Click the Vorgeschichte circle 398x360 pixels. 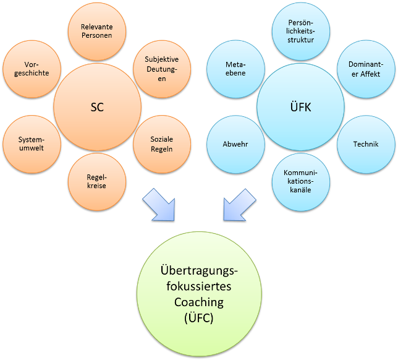32,69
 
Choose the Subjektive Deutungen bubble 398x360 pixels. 161,69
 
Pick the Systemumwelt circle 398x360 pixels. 32,144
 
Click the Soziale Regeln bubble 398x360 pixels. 161,144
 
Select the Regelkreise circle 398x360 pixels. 97,181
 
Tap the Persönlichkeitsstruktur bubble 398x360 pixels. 302,31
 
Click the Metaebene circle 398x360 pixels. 235,69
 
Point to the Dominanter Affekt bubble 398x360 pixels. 365,69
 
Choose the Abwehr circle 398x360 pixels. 235,144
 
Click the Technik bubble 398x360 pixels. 365,144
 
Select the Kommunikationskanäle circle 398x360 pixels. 302,181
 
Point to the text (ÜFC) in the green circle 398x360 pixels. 198,319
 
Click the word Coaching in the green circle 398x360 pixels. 198,302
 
